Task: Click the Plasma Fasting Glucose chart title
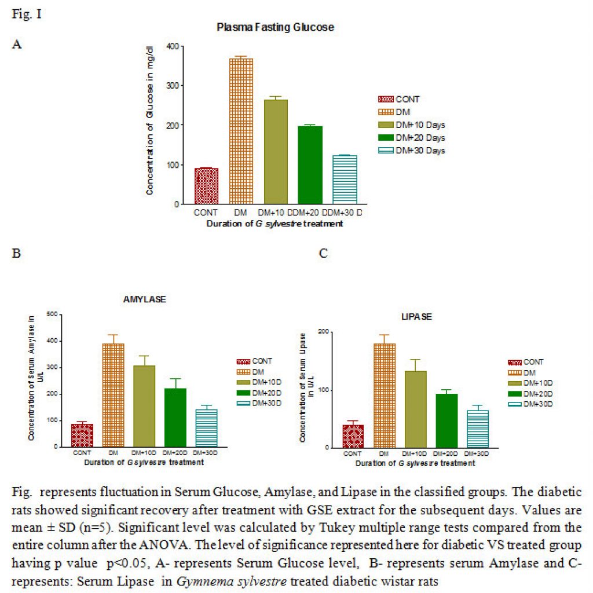coord(275,27)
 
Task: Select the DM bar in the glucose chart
coord(241,131)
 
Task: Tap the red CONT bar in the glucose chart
coord(207,186)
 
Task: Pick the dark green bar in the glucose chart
coord(310,165)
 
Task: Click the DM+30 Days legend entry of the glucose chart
coord(412,151)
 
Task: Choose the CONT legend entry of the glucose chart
coord(398,99)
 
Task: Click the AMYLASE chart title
coord(144,299)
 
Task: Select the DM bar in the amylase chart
coord(113,395)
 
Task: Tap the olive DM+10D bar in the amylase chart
coord(144,406)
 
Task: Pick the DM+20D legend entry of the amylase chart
coord(259,393)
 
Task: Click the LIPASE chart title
coord(416,317)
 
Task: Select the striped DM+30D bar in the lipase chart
coord(478,429)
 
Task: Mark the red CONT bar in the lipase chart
coord(353,437)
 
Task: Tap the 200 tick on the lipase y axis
coord(324,331)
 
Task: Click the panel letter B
coord(16,253)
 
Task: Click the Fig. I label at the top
coord(27,14)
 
